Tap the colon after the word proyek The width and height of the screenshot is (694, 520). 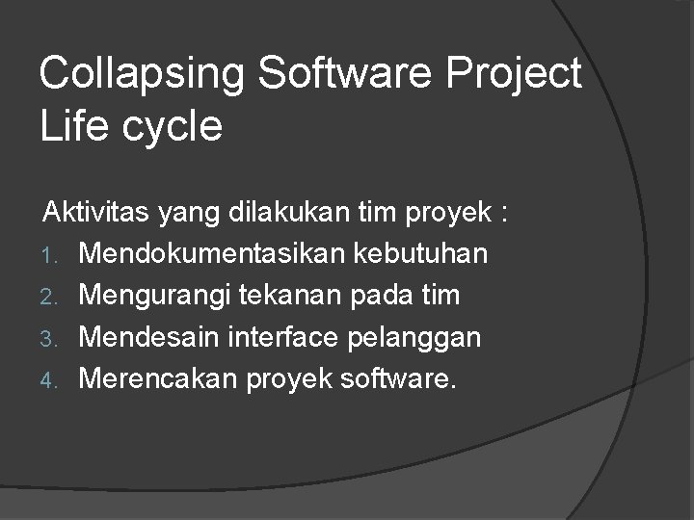[x=504, y=215]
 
